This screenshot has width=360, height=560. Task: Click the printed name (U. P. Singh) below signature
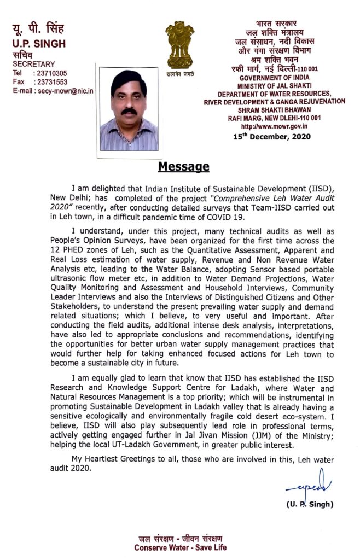click(x=310, y=504)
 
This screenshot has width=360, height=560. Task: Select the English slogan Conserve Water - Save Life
click(x=180, y=547)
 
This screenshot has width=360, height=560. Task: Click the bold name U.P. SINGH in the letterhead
click(x=39, y=44)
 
